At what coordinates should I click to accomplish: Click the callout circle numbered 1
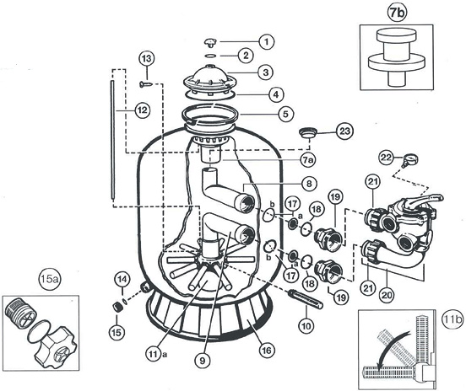266,41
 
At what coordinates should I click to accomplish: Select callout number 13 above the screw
147,59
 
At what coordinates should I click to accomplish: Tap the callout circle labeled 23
344,131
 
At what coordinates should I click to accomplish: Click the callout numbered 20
387,295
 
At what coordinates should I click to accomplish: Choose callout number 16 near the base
266,351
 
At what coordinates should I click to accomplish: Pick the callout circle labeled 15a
49,279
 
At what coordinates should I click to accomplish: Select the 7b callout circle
397,14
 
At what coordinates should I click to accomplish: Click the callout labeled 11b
452,319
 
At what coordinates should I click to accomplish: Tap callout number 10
306,326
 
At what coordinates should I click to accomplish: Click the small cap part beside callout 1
210,42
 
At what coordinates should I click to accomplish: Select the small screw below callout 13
145,84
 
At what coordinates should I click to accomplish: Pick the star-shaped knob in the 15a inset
56,351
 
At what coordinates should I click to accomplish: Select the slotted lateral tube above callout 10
305,300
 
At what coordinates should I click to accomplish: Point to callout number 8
309,184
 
